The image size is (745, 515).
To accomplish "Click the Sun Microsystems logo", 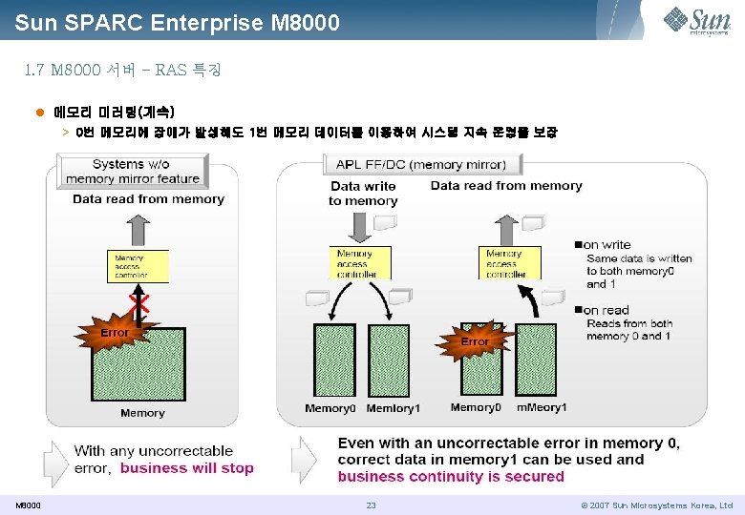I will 697,20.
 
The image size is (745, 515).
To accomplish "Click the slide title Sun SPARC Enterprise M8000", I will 177,21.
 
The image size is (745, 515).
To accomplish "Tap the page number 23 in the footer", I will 372,505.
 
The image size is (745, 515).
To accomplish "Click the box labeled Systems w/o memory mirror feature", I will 133,172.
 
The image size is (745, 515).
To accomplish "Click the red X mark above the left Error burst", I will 139,304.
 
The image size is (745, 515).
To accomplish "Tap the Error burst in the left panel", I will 115,333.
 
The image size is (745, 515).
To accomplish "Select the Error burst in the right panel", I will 475,340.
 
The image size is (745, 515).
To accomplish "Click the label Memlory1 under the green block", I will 393,408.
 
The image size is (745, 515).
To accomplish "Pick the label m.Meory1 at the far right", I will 542,407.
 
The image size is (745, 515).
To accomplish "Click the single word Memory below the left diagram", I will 142,413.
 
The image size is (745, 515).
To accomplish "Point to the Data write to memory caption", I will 363,194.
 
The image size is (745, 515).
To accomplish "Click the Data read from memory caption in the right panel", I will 506,186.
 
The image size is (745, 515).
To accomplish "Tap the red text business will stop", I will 187,468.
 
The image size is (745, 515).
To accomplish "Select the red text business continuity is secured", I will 451,476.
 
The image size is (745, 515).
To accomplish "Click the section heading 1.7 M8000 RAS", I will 122,71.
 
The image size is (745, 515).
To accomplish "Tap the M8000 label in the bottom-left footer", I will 29,505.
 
